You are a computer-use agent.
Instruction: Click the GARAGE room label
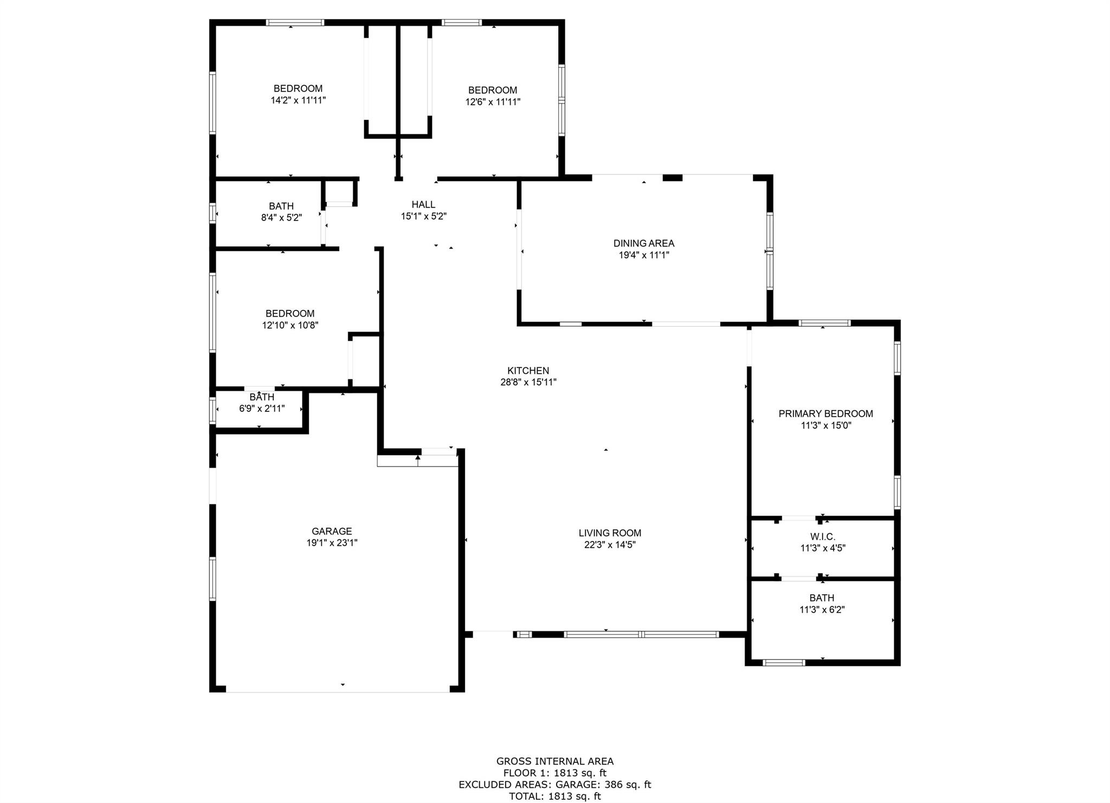[x=332, y=532]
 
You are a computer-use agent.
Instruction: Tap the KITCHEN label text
[x=528, y=371]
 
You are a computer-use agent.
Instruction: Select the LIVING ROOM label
[x=610, y=533]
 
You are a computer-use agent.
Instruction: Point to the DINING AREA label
[x=644, y=243]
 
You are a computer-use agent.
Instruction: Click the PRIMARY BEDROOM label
[x=826, y=414]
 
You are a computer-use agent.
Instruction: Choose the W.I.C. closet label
[x=823, y=536]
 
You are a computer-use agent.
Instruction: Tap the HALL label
[x=423, y=204]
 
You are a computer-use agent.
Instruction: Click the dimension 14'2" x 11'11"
[x=298, y=100]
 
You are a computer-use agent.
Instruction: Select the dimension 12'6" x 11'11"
[x=493, y=102]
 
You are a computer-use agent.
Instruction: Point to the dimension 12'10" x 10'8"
[x=290, y=325]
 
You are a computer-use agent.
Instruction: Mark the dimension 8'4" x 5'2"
[x=281, y=218]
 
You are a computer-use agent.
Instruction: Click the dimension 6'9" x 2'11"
[x=262, y=409]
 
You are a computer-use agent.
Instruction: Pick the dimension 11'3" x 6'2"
[x=822, y=610]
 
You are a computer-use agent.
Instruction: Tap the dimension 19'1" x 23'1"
[x=332, y=543]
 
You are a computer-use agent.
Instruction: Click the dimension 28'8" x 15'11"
[x=528, y=382]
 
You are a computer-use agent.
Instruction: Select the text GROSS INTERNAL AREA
[x=555, y=761]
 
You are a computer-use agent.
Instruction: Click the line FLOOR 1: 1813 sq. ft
[x=555, y=773]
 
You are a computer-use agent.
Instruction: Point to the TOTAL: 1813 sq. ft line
[x=555, y=796]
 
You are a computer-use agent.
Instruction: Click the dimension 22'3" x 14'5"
[x=610, y=545]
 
